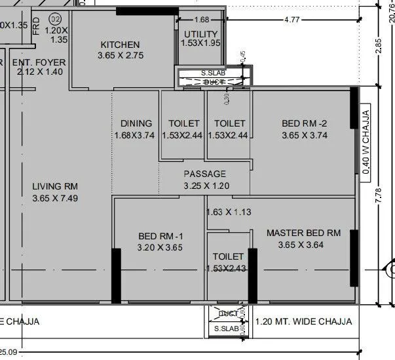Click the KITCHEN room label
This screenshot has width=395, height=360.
120,45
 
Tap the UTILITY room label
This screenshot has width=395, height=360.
201,34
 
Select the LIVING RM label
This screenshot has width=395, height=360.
55,186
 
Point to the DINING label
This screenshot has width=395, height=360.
136,123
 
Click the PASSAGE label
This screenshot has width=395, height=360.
204,174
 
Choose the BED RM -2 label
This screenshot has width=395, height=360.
304,123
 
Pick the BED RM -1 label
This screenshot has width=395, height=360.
160,236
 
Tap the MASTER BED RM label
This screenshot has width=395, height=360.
303,233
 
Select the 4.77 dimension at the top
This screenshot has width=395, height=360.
292,20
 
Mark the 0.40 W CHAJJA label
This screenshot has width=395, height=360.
367,142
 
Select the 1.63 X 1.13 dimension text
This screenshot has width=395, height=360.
229,212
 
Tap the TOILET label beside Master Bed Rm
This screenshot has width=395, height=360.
228,256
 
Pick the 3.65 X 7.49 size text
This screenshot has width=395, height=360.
55,197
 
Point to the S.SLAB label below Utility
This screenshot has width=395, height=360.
213,73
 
